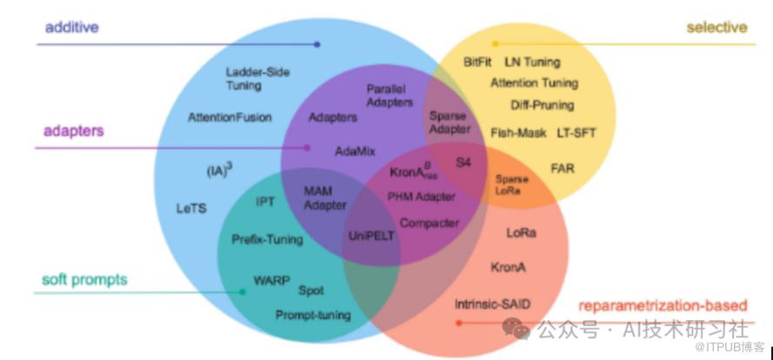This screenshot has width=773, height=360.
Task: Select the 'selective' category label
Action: pyautogui.click(x=716, y=27)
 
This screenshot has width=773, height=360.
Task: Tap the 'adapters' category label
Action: pyautogui.click(x=74, y=131)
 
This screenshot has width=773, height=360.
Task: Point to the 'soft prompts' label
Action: pyautogui.click(x=84, y=279)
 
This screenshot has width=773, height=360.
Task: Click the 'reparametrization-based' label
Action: pyautogui.click(x=663, y=305)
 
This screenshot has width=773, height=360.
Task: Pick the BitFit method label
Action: pyautogui.click(x=478, y=63)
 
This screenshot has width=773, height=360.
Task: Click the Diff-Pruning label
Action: pyautogui.click(x=543, y=105)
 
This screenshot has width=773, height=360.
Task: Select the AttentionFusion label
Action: pyautogui.click(x=230, y=117)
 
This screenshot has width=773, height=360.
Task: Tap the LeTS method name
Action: pyautogui.click(x=191, y=209)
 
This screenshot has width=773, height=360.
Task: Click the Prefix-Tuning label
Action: pyautogui.click(x=267, y=239)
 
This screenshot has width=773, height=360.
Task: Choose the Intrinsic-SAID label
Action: pyautogui.click(x=493, y=303)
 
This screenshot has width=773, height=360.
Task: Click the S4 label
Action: pyautogui.click(x=464, y=163)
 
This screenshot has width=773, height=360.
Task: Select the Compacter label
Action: pyautogui.click(x=430, y=223)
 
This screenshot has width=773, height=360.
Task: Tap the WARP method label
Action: pyautogui.click(x=271, y=281)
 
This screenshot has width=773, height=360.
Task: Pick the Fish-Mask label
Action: pyautogui.click(x=518, y=133)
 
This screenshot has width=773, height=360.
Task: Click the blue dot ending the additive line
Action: pyautogui.click(x=317, y=43)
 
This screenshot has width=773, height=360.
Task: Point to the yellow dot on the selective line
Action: pyautogui.click(x=496, y=43)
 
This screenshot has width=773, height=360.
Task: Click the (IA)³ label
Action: pyautogui.click(x=219, y=170)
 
